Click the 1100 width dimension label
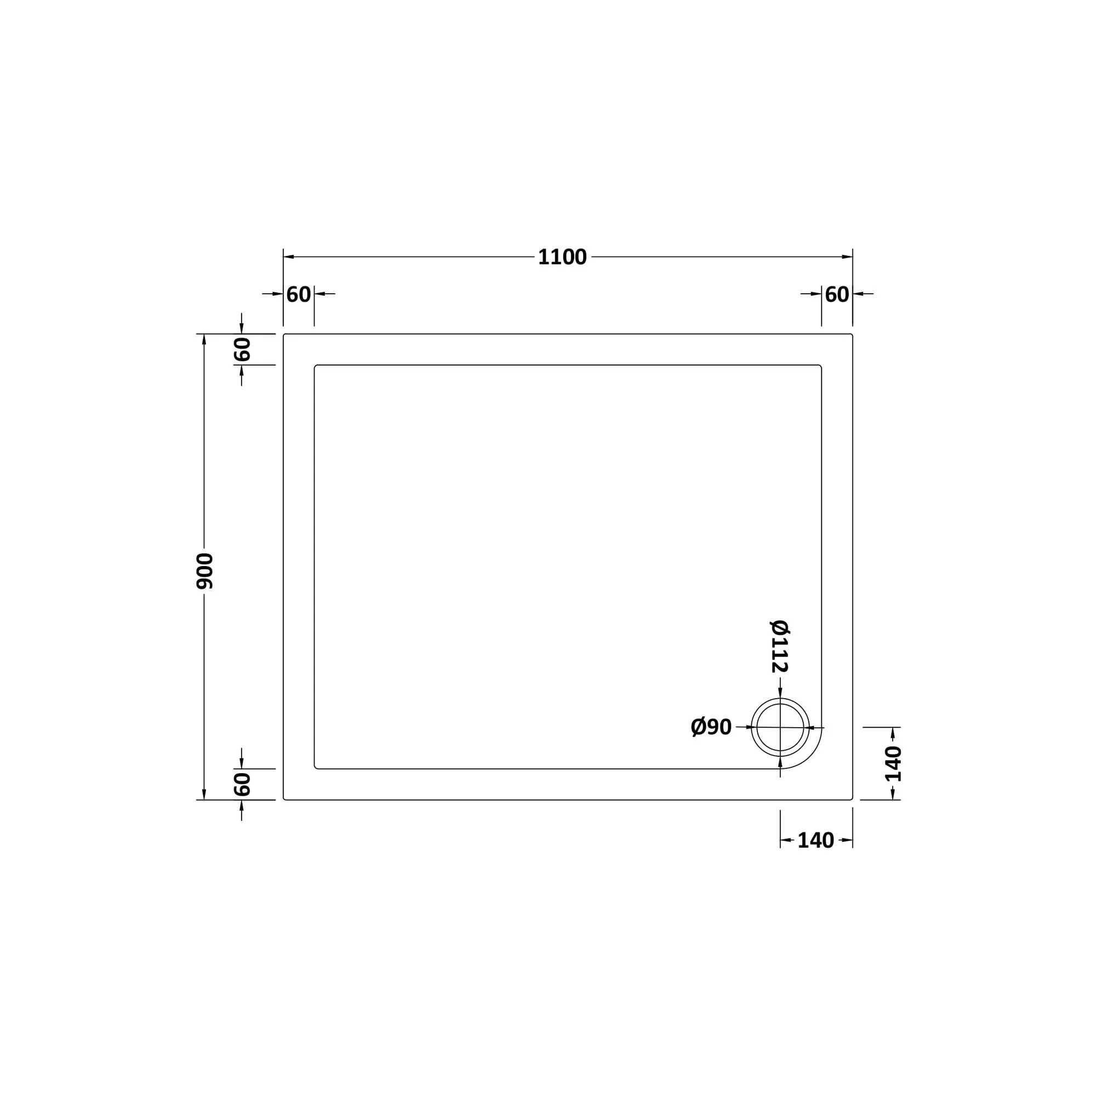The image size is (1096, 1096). tap(562, 258)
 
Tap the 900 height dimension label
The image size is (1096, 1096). tap(205, 570)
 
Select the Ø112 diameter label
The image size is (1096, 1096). tap(780, 646)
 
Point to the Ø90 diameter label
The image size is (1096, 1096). tap(711, 727)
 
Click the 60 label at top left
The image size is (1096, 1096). tap(299, 294)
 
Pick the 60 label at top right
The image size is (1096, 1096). tap(837, 294)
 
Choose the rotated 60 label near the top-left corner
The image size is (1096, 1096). tap(242, 350)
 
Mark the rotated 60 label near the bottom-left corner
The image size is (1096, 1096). tap(242, 784)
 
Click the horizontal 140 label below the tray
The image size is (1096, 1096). tap(816, 840)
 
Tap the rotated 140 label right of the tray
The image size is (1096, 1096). tap(893, 763)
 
